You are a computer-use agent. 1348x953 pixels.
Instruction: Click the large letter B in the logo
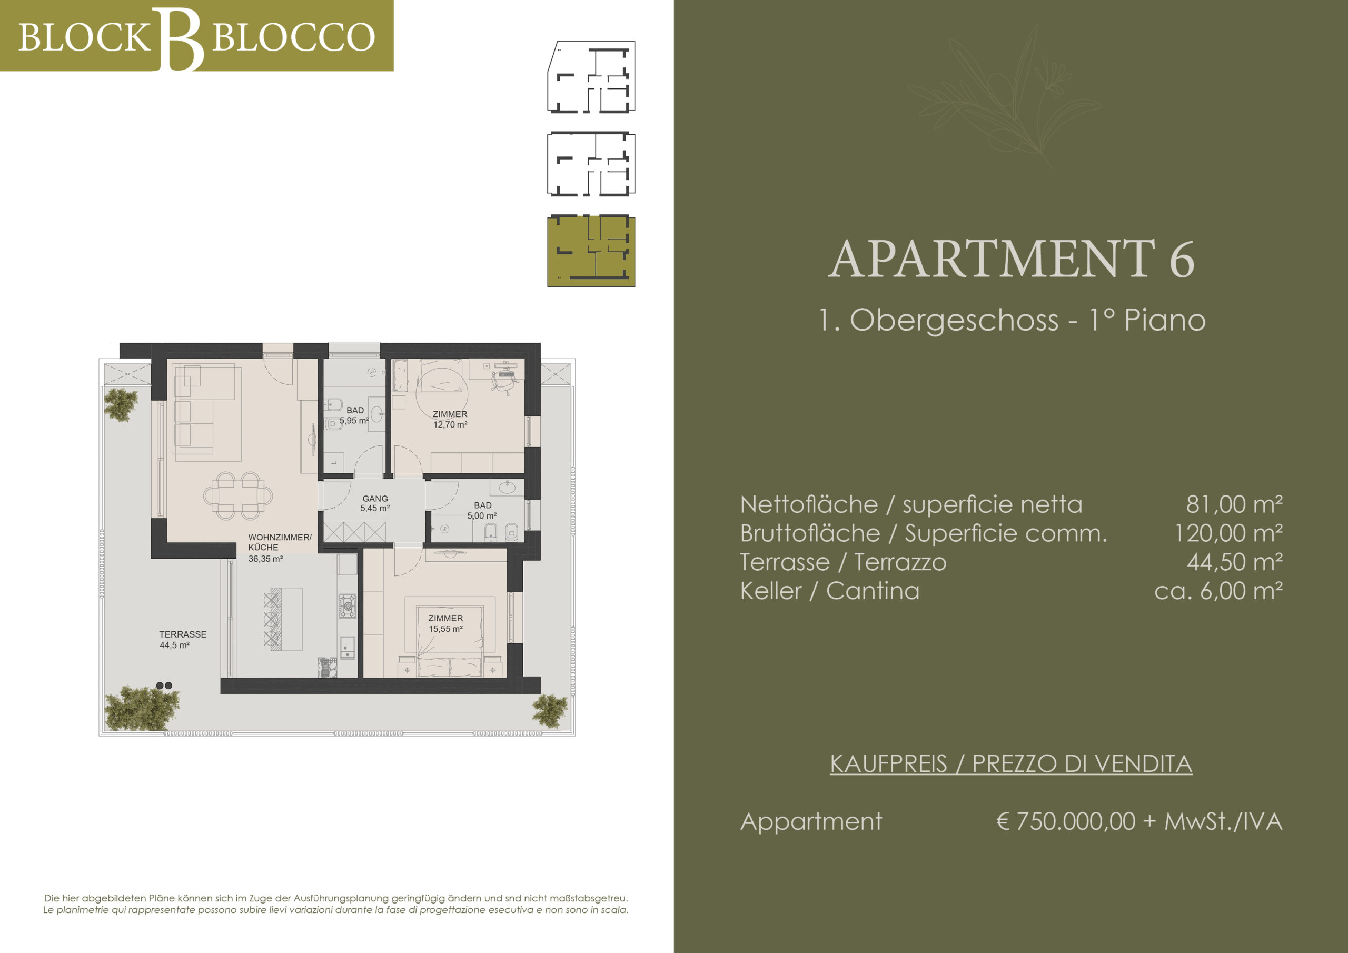[x=182, y=39]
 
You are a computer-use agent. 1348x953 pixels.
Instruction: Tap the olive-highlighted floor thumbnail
[x=591, y=251]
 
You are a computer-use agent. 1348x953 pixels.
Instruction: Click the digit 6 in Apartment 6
[x=1181, y=259]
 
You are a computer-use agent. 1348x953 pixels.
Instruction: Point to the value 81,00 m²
[x=1234, y=504]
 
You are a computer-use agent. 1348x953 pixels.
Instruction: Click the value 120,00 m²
[x=1228, y=533]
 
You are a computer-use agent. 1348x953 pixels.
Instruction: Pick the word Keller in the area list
[x=770, y=591]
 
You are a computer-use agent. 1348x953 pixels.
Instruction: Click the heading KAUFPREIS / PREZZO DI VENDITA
[x=1011, y=764]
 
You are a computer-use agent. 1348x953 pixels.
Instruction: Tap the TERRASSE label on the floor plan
[x=183, y=634]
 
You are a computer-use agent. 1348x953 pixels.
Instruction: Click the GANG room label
[x=375, y=499]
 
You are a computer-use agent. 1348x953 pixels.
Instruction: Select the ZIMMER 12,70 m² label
[x=450, y=419]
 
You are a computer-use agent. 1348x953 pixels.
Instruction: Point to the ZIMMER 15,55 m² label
[x=445, y=623]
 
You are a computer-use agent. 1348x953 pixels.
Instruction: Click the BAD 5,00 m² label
[x=483, y=510]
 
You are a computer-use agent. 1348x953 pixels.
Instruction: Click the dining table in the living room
[x=239, y=496]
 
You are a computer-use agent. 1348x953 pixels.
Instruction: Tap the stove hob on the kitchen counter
[x=347, y=606]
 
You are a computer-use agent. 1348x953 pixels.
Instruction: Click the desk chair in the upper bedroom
[x=504, y=381]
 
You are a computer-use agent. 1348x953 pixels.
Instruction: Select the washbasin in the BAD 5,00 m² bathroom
[x=507, y=487]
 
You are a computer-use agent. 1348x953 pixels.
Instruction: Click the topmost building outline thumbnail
[x=591, y=77]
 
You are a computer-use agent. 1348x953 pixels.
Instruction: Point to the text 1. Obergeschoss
[x=939, y=321]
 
